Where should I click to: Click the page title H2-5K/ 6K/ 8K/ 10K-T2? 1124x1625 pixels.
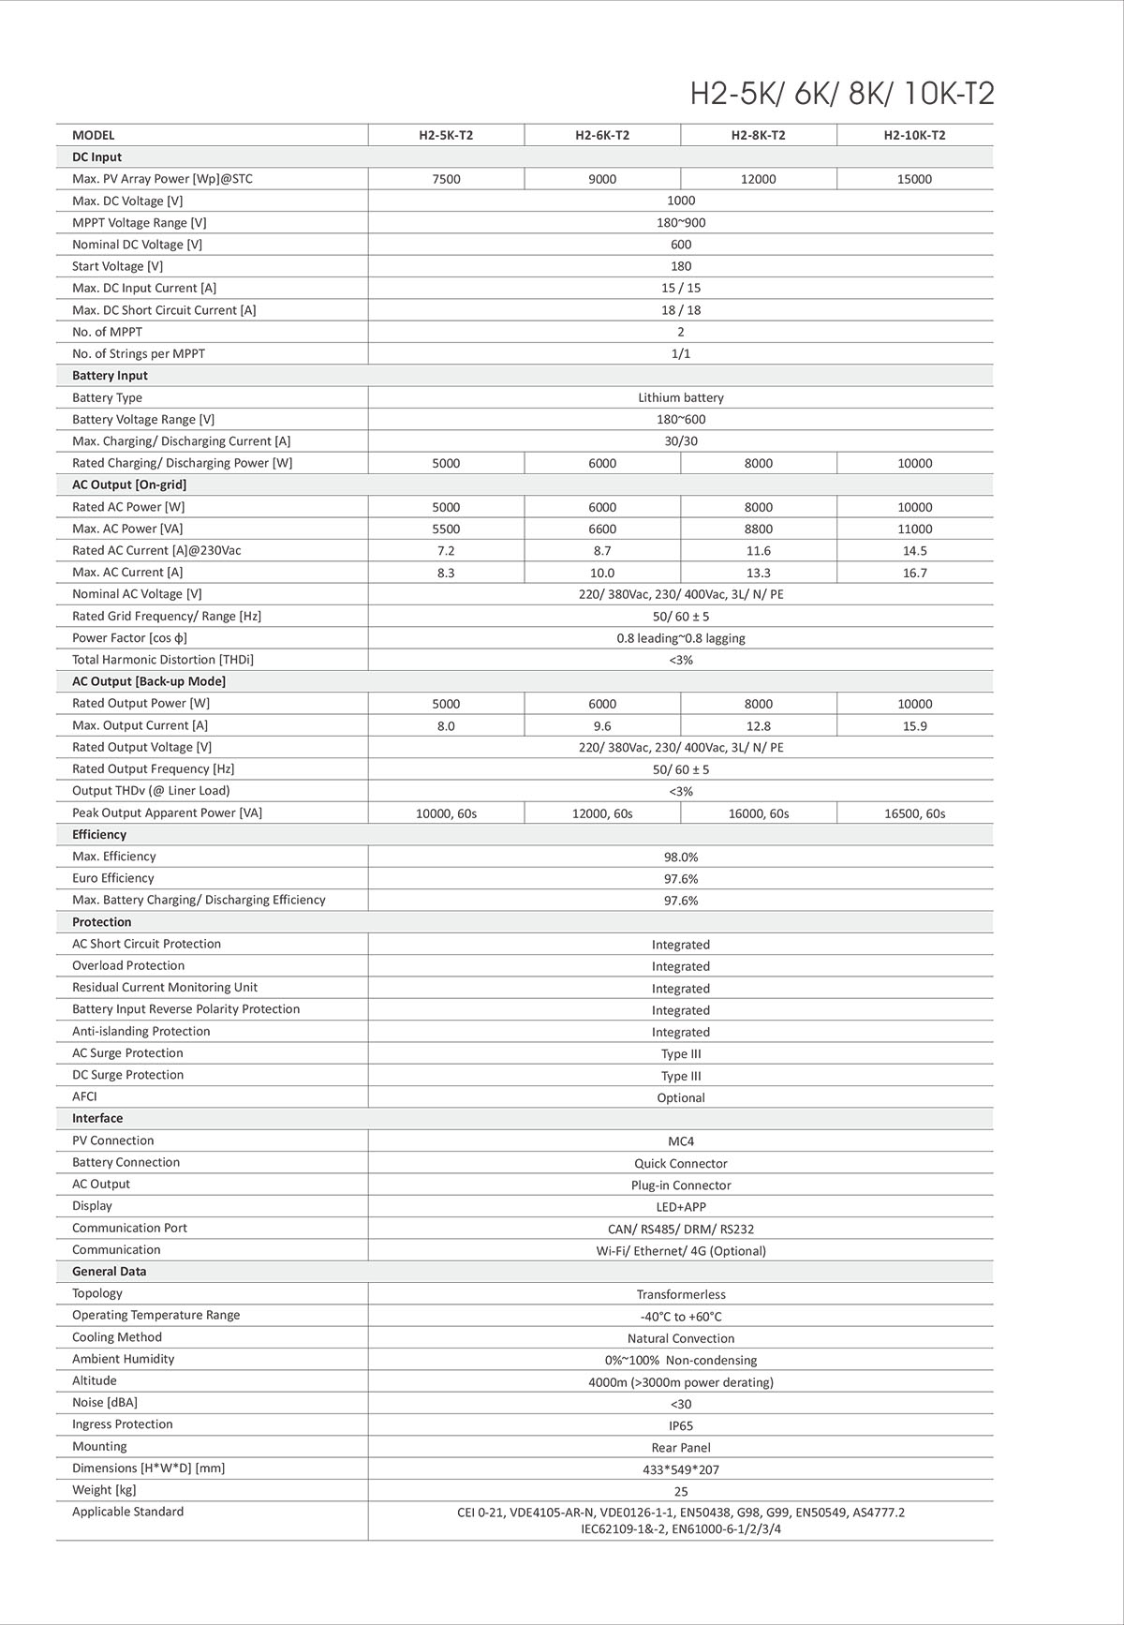(841, 94)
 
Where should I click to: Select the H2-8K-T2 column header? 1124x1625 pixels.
(758, 135)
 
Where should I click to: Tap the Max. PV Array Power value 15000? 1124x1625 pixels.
(914, 179)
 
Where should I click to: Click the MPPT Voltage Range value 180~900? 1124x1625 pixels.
(681, 223)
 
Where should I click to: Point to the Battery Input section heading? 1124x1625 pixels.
(110, 376)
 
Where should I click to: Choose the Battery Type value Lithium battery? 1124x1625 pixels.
(681, 397)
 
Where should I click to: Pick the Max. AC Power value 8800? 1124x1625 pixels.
(758, 529)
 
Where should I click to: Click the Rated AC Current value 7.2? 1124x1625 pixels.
(446, 551)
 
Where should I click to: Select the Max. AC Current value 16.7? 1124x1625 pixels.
(914, 573)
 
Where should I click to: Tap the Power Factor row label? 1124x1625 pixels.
(129, 638)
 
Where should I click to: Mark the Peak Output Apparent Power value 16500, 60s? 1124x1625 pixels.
(914, 813)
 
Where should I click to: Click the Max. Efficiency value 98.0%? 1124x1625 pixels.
(681, 857)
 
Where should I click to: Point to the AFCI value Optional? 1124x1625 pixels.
(681, 1097)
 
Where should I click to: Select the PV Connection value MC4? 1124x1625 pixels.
(681, 1141)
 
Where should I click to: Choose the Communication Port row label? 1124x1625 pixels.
(129, 1228)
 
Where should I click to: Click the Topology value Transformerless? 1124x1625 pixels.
(681, 1294)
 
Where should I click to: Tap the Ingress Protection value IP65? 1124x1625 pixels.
(681, 1425)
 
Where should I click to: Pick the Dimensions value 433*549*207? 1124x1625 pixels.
(681, 1469)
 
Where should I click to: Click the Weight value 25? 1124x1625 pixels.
(681, 1491)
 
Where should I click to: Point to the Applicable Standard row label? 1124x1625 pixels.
(127, 1512)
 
